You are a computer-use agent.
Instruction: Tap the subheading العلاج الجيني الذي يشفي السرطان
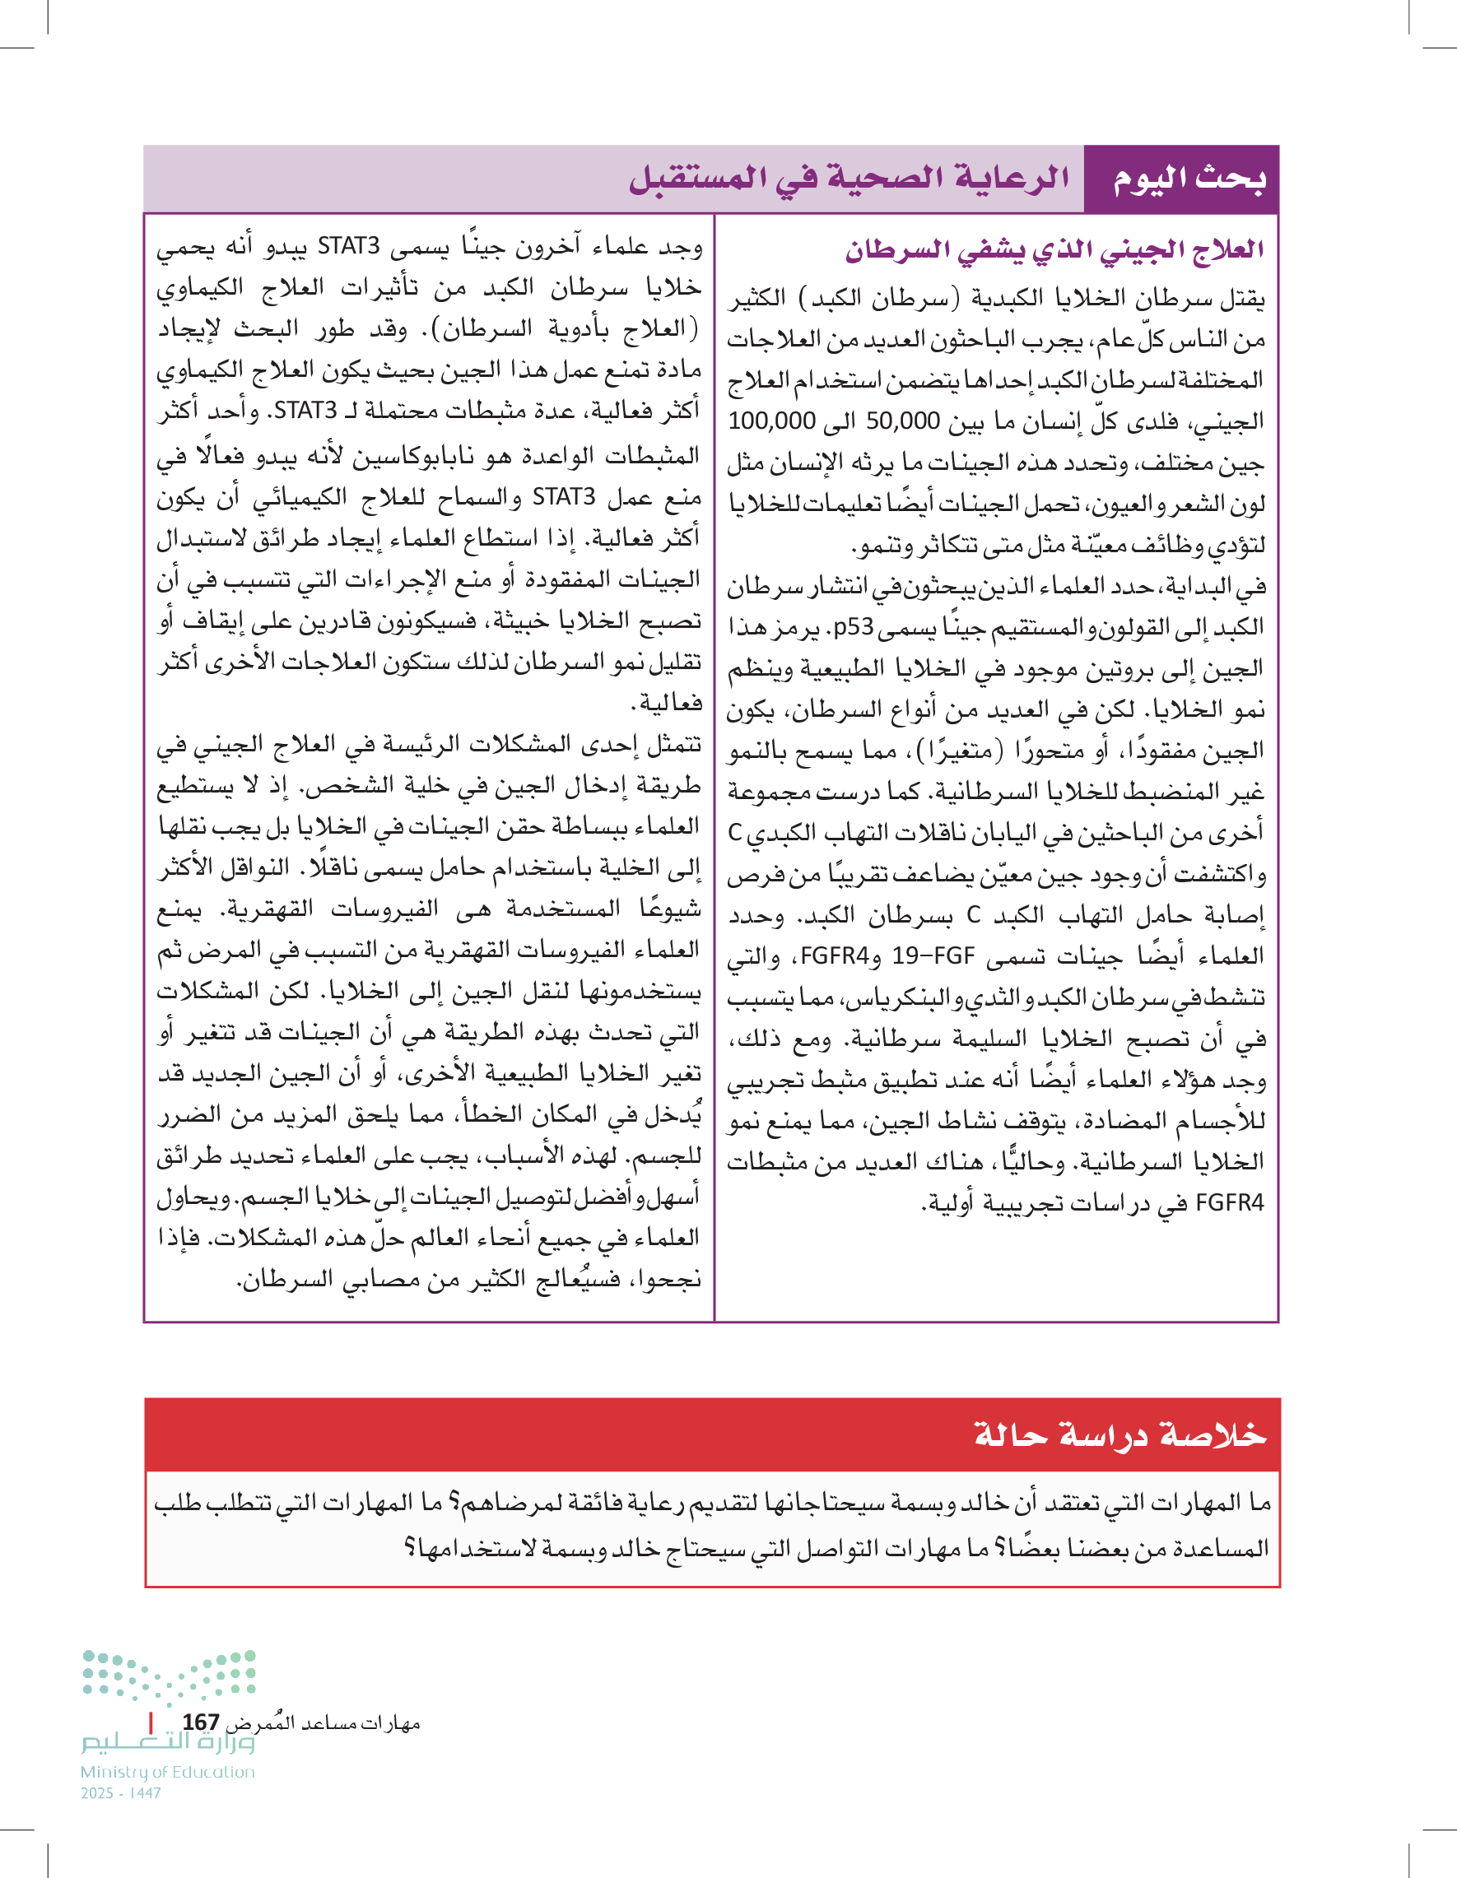pos(1054,250)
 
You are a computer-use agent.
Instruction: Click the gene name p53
pos(852,627)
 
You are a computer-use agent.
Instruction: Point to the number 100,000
pos(770,421)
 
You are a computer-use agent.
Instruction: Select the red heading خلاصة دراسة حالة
pos(1120,1434)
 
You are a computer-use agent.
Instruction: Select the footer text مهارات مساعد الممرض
pos(323,1723)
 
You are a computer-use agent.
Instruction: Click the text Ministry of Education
pos(168,1772)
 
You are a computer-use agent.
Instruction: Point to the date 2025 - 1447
pos(121,1793)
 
